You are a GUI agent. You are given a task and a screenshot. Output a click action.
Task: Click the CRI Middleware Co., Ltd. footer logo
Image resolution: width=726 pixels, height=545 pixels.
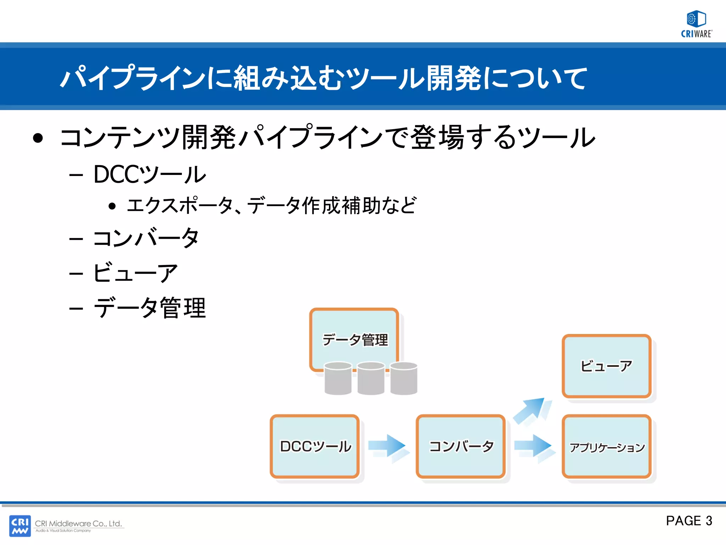[67, 525]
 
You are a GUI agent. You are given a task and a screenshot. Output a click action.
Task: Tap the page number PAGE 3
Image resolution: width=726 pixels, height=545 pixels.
[689, 521]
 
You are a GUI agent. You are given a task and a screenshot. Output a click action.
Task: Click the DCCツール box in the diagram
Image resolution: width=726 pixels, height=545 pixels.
[315, 446]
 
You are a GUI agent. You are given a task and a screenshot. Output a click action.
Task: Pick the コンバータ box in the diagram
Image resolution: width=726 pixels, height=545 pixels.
[461, 446]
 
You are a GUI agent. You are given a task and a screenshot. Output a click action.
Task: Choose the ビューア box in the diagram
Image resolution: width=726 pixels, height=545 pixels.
[607, 366]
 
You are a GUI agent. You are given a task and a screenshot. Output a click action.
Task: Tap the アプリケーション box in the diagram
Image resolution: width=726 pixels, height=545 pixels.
[607, 447]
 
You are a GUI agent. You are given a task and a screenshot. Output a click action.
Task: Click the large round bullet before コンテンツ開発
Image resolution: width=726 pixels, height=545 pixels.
[38, 138]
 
